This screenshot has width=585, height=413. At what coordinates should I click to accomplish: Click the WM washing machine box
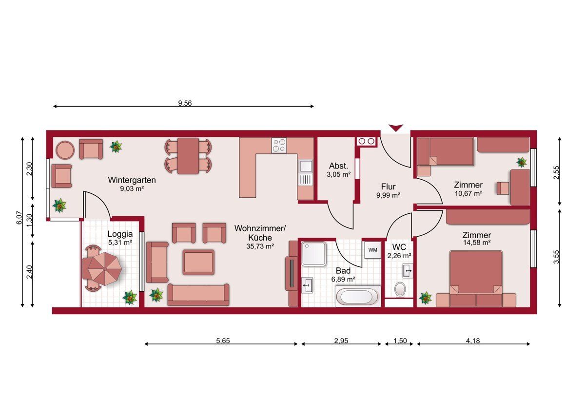(372, 250)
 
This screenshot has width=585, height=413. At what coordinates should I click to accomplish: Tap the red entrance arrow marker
(396, 128)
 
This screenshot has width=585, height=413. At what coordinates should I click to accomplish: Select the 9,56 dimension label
(185, 103)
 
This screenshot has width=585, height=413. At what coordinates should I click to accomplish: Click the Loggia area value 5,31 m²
(120, 243)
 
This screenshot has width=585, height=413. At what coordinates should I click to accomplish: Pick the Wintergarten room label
(132, 180)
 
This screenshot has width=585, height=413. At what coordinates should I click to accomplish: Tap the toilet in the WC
(400, 289)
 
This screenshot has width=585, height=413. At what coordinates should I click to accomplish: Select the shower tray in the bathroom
(314, 254)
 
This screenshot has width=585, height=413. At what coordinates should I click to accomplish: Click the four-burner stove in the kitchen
(279, 145)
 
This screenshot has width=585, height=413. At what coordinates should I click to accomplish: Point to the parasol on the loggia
(105, 268)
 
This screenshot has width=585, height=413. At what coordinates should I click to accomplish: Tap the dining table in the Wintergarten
(188, 156)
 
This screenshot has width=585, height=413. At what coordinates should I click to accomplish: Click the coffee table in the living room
(198, 262)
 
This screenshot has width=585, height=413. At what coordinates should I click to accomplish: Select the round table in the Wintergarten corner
(65, 150)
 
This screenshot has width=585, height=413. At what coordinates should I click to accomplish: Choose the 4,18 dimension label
(473, 341)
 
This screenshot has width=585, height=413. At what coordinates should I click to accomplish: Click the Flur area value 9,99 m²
(389, 195)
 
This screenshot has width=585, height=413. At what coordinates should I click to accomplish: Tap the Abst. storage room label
(338, 166)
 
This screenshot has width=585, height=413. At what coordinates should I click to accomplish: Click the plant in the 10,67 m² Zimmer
(522, 162)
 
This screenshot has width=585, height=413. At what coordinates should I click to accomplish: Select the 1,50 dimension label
(400, 341)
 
